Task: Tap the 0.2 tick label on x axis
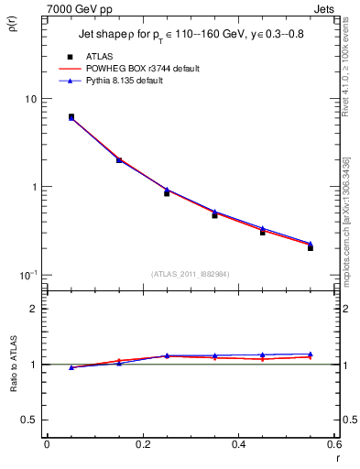tap(142, 444)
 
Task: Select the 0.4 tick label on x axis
tap(238, 444)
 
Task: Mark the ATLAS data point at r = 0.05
tap(71, 117)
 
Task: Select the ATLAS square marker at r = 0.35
tap(214, 215)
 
